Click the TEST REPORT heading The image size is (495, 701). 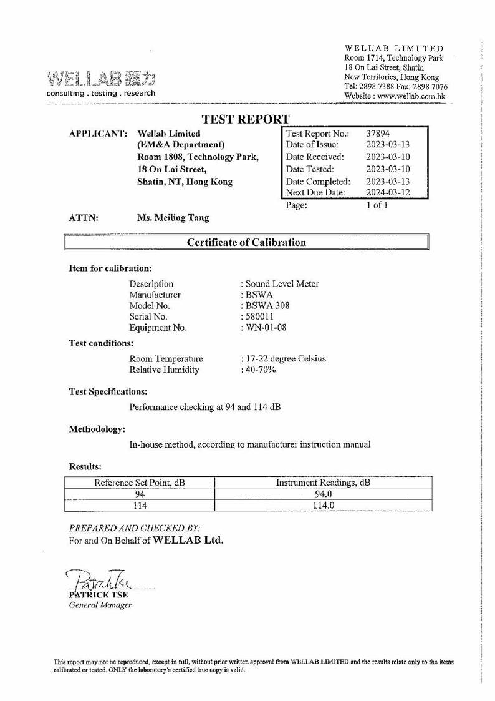point(246,119)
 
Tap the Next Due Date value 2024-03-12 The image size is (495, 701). point(388,193)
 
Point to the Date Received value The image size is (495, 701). point(388,157)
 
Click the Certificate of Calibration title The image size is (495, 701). point(247,242)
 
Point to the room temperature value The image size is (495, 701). point(285,358)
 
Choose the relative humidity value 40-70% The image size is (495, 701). point(260,370)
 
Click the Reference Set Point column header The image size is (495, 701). point(139,483)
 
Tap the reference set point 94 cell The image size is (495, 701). point(140,494)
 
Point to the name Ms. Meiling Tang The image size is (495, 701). point(173,218)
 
